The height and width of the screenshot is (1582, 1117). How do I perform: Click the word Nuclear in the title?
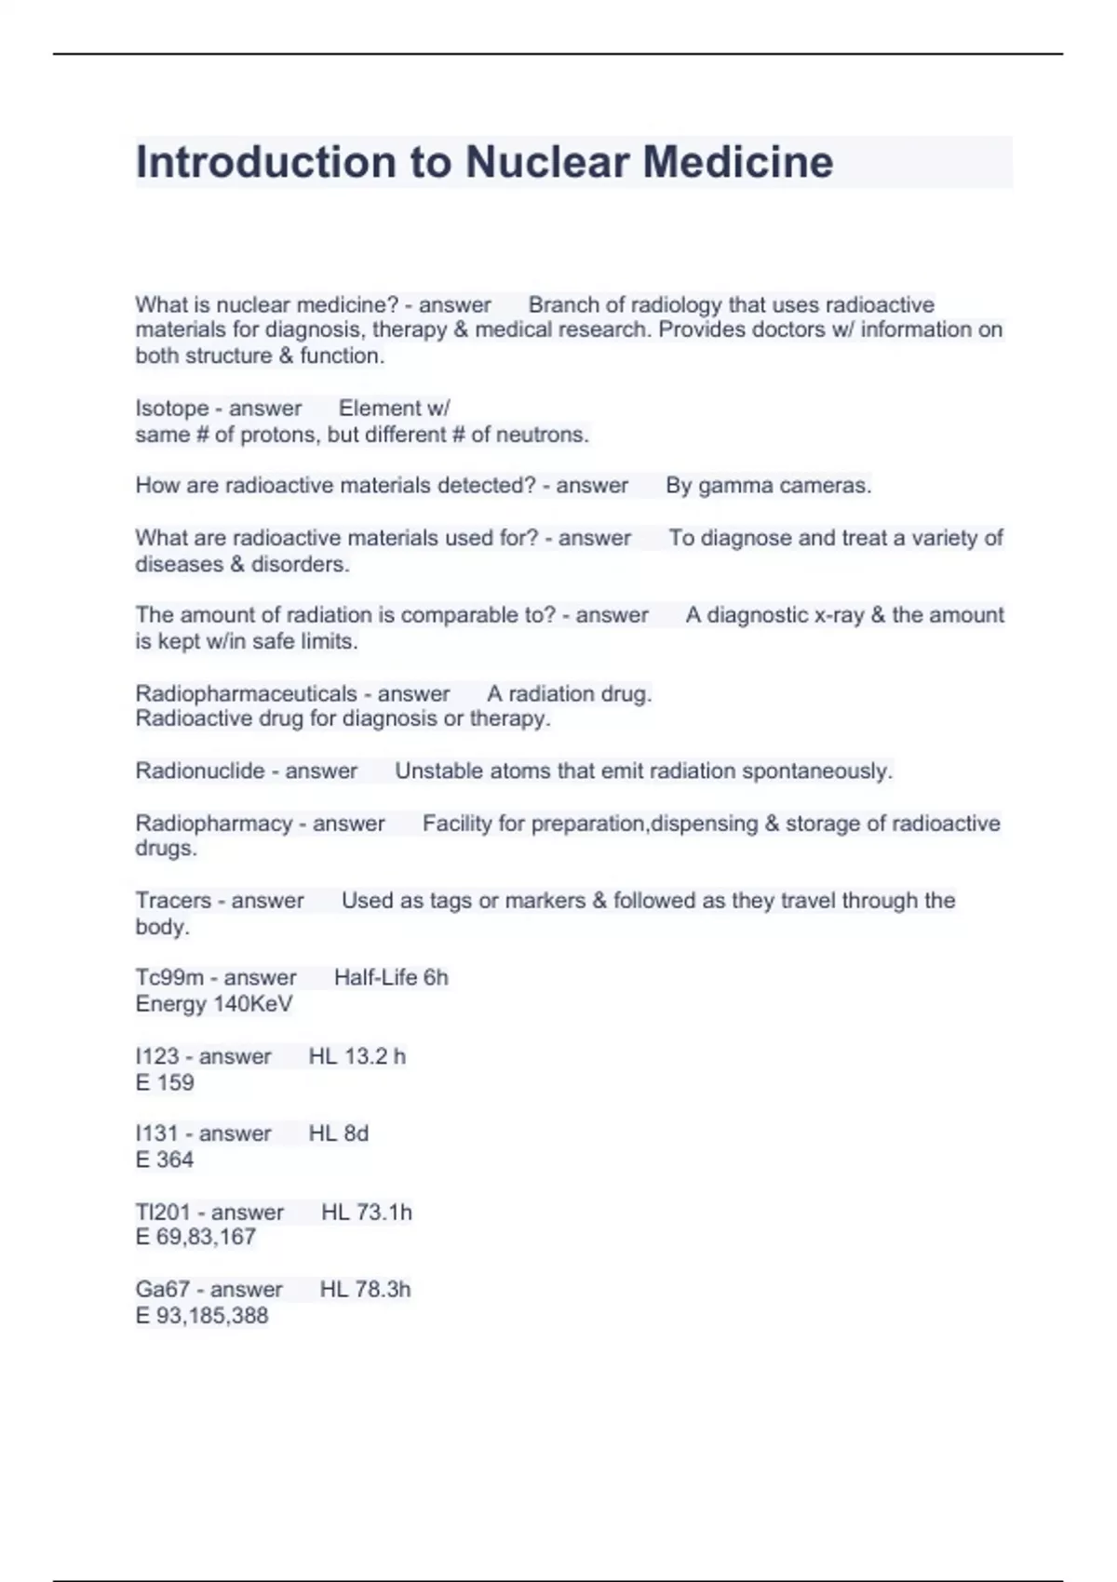[545, 162]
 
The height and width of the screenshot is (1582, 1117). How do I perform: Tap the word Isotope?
[172, 409]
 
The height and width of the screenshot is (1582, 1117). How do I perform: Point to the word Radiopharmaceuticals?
[246, 694]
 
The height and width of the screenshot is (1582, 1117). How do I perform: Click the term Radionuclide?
[200, 771]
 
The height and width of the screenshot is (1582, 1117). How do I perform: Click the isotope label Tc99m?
[169, 978]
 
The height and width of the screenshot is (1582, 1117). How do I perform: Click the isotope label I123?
[156, 1057]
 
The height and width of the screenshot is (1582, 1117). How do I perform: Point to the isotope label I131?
[156, 1133]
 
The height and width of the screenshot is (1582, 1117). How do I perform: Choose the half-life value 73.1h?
[379, 1213]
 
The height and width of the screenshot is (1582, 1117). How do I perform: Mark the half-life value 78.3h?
[378, 1290]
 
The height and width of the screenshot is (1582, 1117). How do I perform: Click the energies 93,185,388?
[212, 1316]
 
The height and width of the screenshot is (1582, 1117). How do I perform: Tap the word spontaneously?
[816, 771]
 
